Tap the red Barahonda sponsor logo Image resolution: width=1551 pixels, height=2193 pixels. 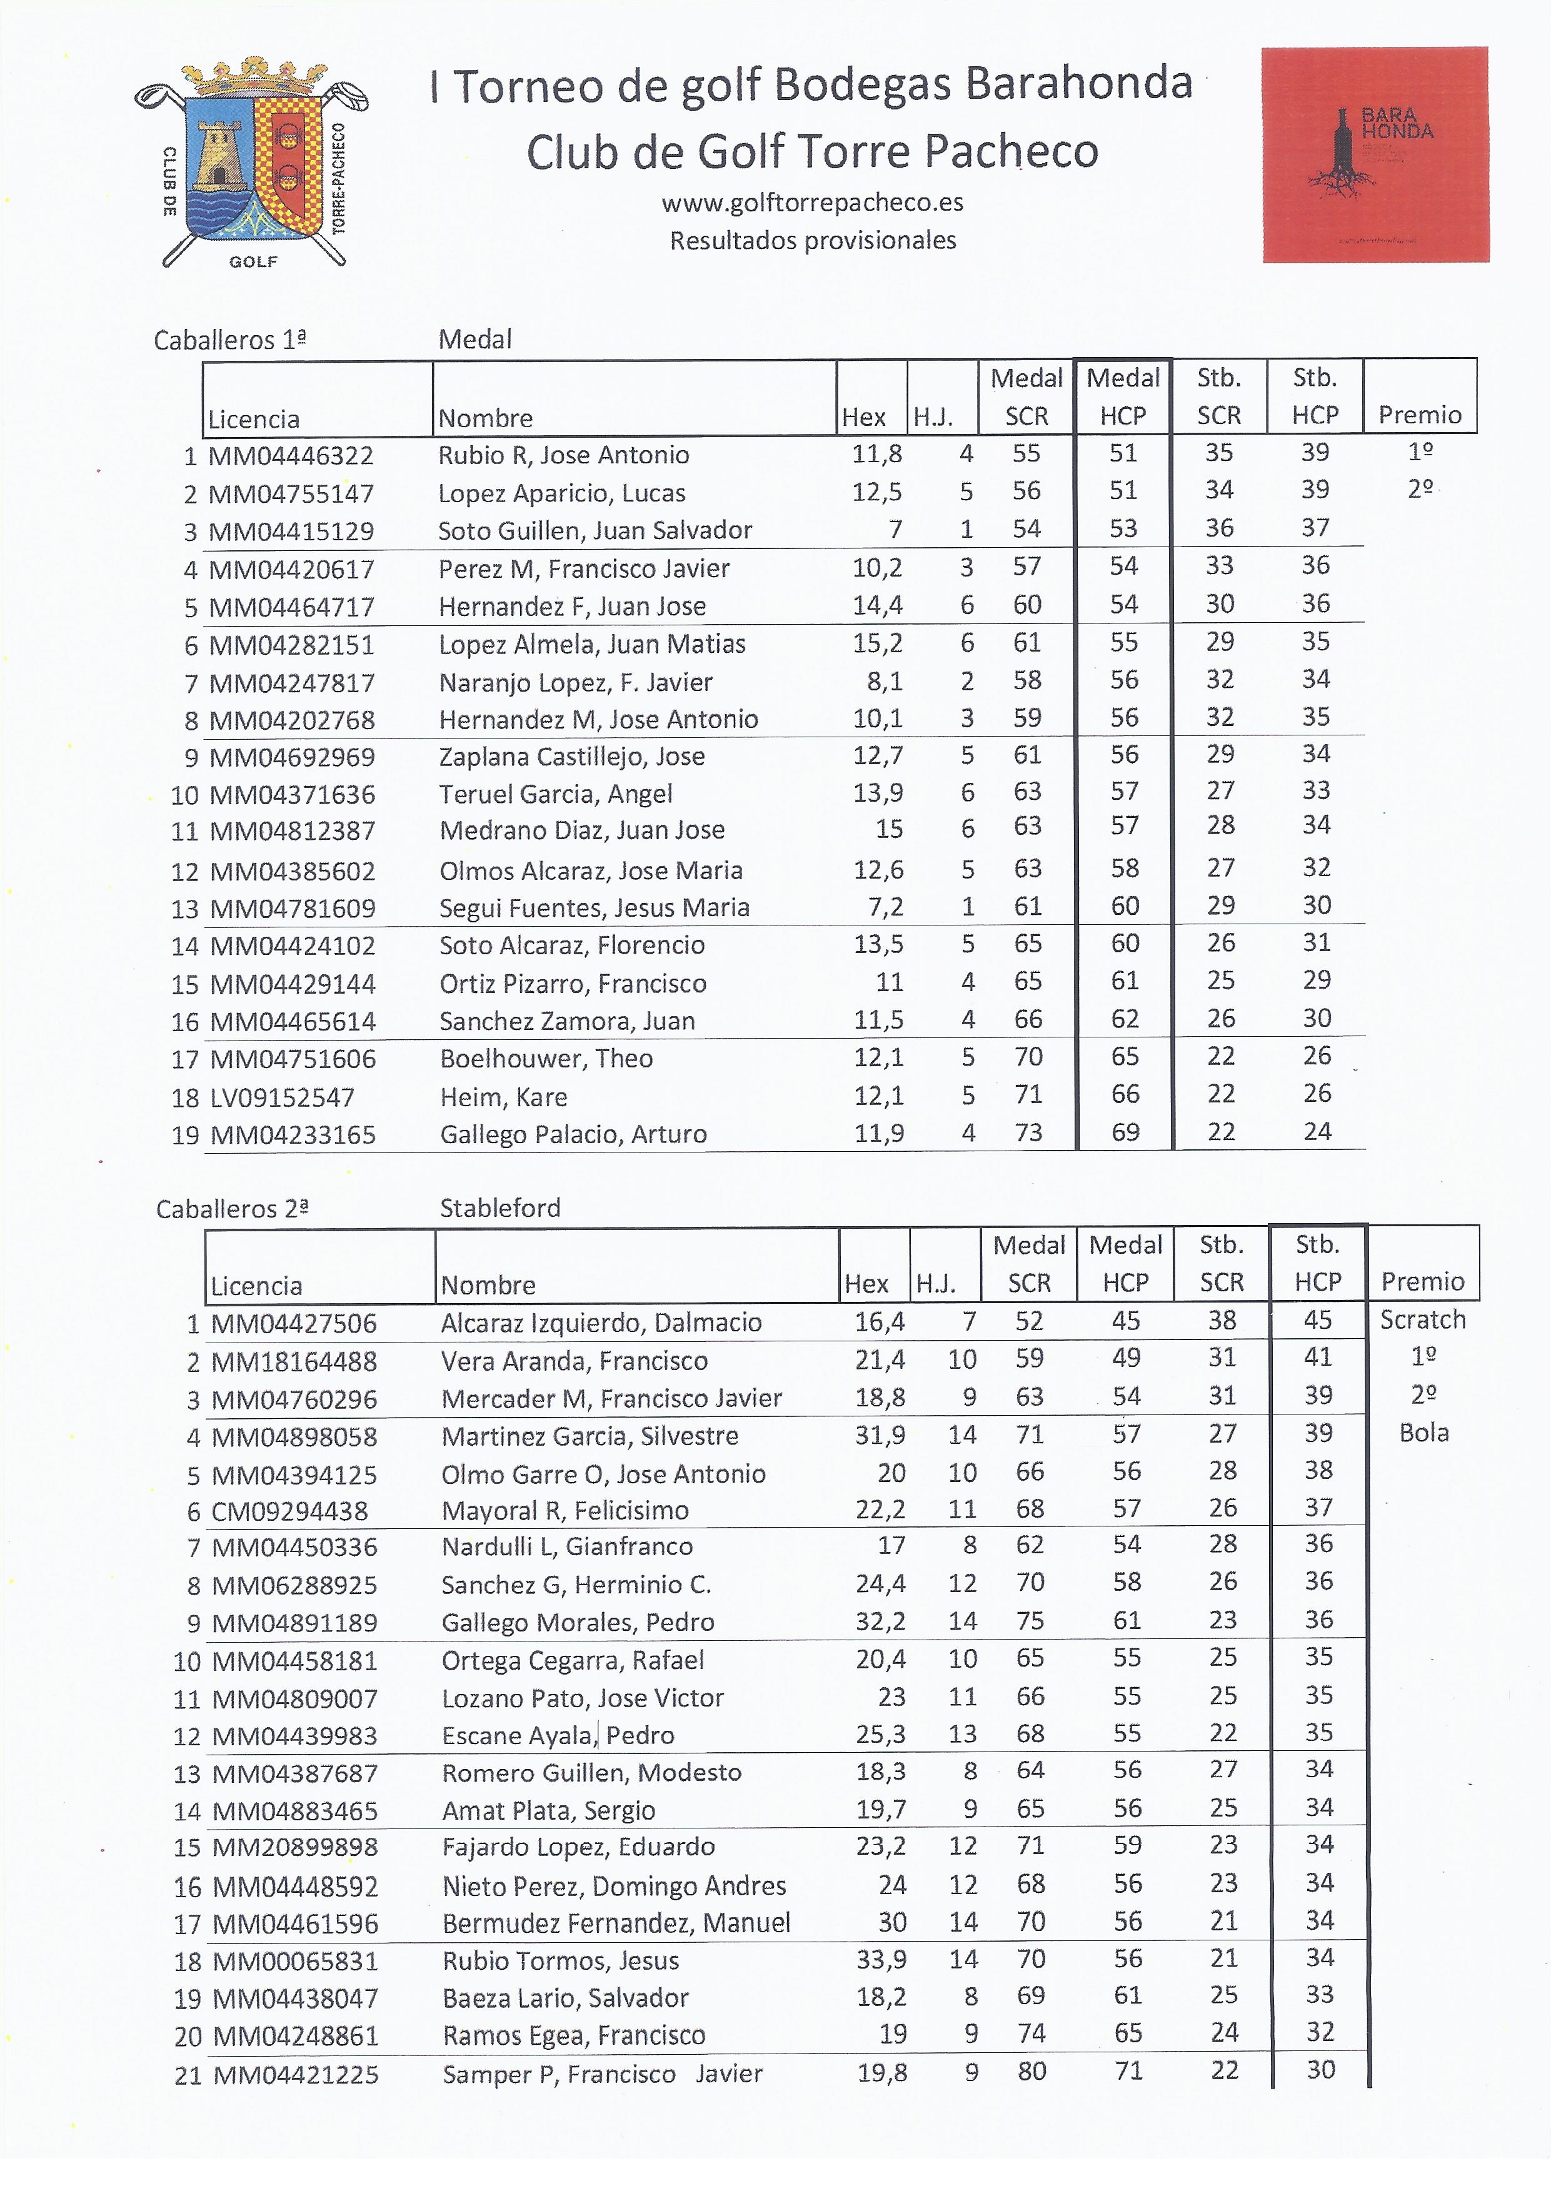coord(1375,154)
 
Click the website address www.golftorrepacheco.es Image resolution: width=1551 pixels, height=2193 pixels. coord(812,203)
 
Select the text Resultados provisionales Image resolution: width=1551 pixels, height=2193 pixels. coord(812,241)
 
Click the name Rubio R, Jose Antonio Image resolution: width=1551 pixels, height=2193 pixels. coord(563,455)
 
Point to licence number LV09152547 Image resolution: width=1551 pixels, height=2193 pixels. coord(282,1097)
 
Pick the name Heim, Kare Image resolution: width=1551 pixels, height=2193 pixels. coord(503,1097)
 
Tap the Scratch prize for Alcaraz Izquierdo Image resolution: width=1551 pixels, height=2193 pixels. coord(1422,1320)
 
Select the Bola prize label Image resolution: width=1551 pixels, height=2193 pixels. coord(1423,1433)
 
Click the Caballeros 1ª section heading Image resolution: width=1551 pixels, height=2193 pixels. coord(230,340)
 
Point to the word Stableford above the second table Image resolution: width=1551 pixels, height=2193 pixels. coord(499,1208)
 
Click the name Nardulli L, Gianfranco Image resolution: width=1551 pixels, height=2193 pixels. coord(566,1546)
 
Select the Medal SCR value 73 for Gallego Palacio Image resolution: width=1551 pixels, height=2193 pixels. coord(1028,1133)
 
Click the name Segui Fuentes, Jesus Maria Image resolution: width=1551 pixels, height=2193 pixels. coord(594,907)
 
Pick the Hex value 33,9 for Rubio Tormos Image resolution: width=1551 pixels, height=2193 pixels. coord(881,1960)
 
